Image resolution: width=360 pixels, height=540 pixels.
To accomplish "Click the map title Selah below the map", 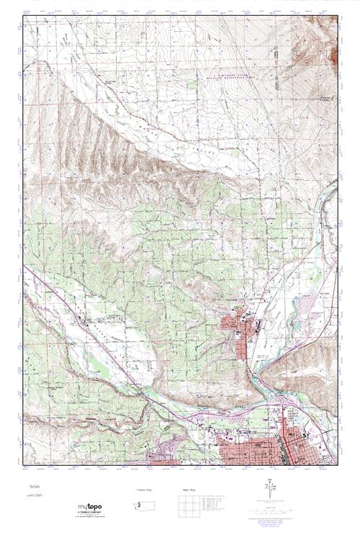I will pyautogui.click(x=30, y=487).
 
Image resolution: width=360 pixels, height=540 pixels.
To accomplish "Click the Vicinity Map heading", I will pyautogui.click(x=144, y=490).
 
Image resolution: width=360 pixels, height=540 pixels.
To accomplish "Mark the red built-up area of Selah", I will pyautogui.click(x=240, y=328).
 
